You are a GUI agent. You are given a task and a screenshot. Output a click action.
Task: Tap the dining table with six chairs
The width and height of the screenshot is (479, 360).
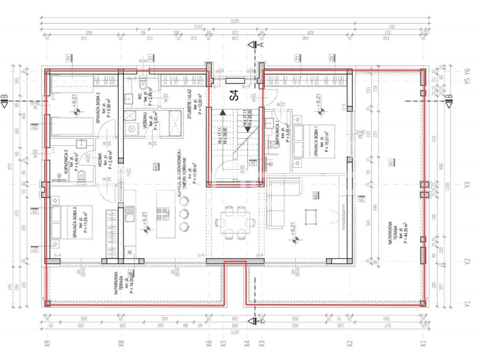coord(234,222)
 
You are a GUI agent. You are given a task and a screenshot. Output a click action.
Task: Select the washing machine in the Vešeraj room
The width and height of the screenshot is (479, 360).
coord(131,128)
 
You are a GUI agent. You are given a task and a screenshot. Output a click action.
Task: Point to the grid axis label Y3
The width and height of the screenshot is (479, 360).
coord(467,185)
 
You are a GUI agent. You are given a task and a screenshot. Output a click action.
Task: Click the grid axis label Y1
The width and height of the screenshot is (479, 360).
coord(467,304)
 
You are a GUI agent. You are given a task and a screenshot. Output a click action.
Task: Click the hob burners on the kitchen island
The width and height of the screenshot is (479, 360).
coord(162,213)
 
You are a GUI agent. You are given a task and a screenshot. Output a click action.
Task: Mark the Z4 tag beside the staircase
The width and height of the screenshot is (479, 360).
coord(253,163)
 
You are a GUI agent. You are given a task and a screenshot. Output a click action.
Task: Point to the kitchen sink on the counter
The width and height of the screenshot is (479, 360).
coord(129,213)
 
